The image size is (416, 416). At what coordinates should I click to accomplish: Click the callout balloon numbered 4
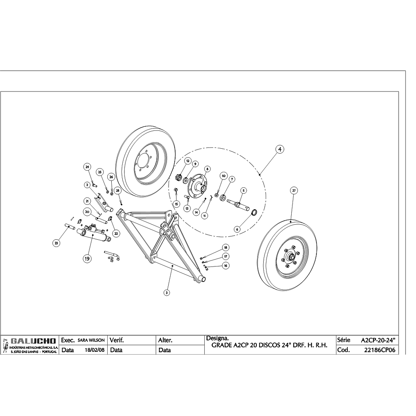coord(279,149)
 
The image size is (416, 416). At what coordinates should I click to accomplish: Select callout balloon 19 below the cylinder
coord(87,258)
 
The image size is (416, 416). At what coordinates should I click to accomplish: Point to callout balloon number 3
coord(167,292)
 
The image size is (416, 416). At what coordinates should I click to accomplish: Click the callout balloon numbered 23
coord(56,243)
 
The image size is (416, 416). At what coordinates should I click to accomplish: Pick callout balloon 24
coord(87,167)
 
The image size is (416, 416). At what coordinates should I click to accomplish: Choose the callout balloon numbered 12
coord(188,161)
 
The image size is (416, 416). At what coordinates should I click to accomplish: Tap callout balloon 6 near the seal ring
coord(237,229)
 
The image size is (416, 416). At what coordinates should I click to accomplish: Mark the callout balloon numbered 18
coord(226,247)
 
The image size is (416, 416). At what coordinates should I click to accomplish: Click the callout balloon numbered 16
coord(226,265)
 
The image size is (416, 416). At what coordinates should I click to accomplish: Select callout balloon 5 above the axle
coord(244,190)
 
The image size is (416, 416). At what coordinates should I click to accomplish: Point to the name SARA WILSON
coord(91,340)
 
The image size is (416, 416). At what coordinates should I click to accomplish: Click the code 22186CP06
coord(380,350)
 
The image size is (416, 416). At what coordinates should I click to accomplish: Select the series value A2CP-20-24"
coord(378,340)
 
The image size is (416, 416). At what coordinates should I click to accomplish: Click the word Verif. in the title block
coord(117,340)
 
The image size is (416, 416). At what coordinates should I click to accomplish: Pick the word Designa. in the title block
coord(218,338)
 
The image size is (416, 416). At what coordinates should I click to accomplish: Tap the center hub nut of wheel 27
coord(291,257)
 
